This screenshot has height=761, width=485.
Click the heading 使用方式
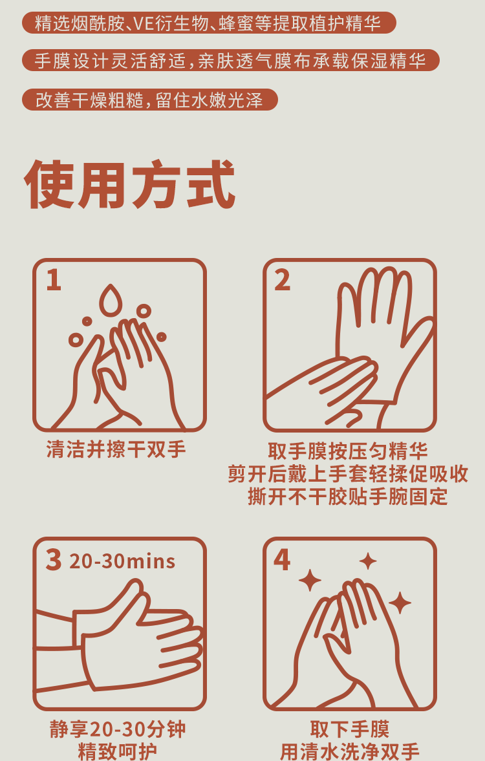coord(129,185)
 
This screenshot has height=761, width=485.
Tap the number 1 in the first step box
coord(54,281)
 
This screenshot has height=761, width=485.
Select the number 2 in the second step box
coord(283,281)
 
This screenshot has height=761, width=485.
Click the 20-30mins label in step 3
coord(122,561)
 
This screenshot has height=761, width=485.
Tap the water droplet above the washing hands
coord(111,301)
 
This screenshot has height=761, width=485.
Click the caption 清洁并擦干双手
coord(116,449)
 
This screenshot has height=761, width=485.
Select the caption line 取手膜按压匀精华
coord(348,451)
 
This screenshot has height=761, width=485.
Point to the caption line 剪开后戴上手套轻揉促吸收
coord(348,474)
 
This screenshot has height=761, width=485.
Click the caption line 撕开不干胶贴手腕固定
coord(348,497)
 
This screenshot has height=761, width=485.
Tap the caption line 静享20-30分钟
coord(118,729)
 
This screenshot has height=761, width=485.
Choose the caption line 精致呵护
coord(118,751)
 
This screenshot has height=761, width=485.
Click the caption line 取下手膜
coord(350,729)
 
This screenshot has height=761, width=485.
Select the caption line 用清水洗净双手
coord(350,751)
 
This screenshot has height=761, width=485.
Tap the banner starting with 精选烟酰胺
coord(210,23)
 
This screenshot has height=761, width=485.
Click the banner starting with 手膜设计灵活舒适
coord(231,61)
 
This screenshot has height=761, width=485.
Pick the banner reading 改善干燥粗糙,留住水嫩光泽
coord(150,100)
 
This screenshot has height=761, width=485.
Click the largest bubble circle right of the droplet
coord(144,311)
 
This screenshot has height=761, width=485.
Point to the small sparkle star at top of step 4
coord(368,561)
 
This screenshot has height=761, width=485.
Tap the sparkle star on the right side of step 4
coord(400,603)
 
